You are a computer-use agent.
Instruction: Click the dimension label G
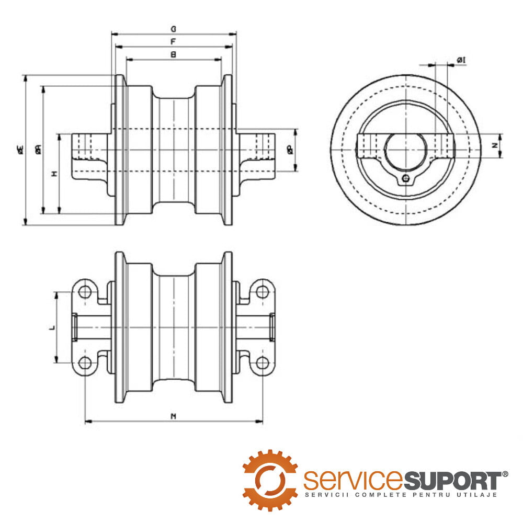[x=173, y=29]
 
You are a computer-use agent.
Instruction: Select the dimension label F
[x=173, y=41]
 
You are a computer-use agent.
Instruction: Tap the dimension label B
[x=173, y=54]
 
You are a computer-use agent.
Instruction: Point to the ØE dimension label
[x=20, y=150]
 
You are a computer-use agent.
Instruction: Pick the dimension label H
[x=54, y=173]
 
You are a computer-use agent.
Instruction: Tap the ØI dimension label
[x=461, y=61]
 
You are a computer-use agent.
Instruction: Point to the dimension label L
[x=51, y=327]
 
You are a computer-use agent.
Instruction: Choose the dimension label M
[x=173, y=416]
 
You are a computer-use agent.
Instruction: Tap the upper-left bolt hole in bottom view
[x=85, y=291]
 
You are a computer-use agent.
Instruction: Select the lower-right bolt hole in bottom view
[x=262, y=362]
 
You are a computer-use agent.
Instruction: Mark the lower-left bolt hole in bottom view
[x=85, y=362]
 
